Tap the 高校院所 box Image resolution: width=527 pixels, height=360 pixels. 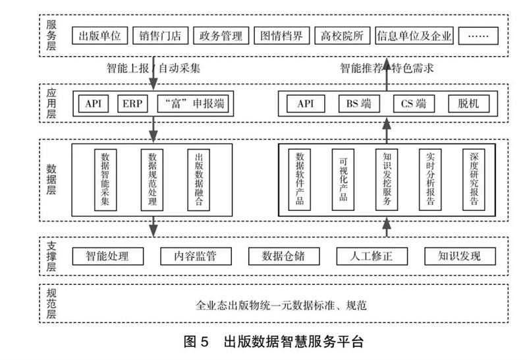point(341,36)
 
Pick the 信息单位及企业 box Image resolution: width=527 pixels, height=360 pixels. point(414,36)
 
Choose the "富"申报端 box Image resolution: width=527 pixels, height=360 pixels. point(193,104)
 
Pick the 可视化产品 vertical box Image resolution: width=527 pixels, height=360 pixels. point(343,179)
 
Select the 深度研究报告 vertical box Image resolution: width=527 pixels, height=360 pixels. point(474,179)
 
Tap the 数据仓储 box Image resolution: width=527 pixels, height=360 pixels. point(283,256)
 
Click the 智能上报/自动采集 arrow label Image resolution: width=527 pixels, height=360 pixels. point(153,68)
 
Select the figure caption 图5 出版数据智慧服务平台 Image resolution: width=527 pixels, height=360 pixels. point(273,342)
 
